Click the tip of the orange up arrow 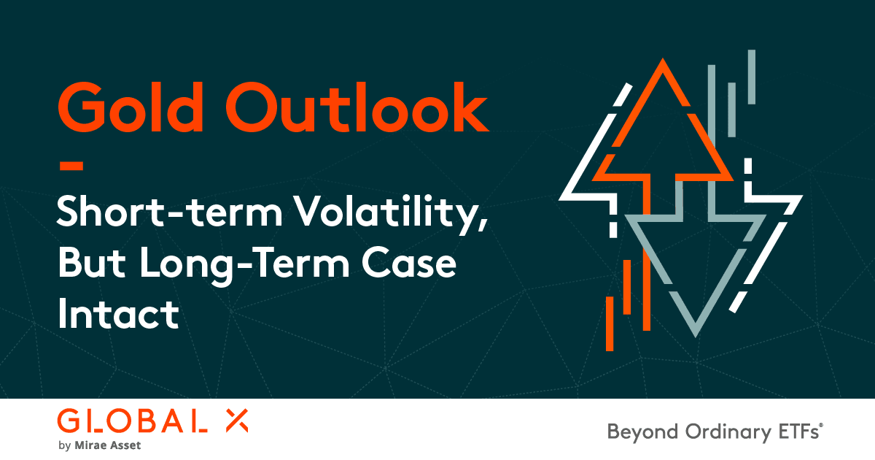(662, 64)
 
